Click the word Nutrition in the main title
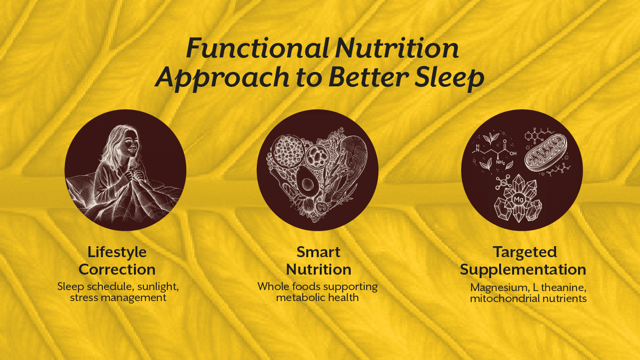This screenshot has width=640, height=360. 397,49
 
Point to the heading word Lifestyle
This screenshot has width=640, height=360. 117,252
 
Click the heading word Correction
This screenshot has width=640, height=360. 117,270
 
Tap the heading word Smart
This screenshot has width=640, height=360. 318,252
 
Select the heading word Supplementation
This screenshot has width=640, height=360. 523,270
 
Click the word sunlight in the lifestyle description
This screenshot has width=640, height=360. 157,287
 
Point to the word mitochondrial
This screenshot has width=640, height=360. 504,299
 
